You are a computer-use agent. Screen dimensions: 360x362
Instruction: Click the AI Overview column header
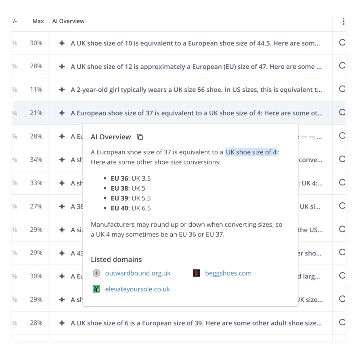[x=68, y=21]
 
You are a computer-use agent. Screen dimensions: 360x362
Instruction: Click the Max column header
[x=38, y=21]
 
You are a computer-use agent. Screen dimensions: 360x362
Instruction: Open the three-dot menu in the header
[x=343, y=21]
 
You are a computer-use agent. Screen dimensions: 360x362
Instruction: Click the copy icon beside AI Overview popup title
[x=140, y=137]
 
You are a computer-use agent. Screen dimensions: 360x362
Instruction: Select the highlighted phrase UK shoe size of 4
[x=251, y=152]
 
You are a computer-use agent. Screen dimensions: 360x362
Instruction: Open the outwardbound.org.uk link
[x=138, y=273]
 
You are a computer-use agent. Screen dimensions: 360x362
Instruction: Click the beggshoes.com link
[x=228, y=273]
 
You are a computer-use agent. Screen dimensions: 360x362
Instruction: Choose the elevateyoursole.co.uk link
[x=137, y=289]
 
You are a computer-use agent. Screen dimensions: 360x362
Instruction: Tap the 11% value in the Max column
[x=36, y=90]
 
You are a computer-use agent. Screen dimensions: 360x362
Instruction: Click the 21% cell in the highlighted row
[x=36, y=113]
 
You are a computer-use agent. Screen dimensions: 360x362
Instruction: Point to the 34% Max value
[x=36, y=160]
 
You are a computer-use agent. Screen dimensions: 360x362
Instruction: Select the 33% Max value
[x=36, y=183]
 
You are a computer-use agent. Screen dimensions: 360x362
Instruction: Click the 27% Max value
[x=36, y=206]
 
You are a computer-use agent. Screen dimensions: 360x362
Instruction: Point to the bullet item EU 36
[x=130, y=178]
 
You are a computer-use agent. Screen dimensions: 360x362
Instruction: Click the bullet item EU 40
[x=130, y=208]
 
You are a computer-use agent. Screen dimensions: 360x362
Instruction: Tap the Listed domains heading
[x=116, y=259]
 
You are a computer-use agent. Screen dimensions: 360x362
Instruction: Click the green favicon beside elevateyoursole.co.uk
[x=96, y=289]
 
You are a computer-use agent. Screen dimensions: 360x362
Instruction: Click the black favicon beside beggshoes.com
[x=197, y=273]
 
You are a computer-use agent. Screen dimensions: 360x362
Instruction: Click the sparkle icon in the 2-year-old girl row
[x=62, y=90]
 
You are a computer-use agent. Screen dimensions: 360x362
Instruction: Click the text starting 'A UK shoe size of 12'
[x=196, y=66]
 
